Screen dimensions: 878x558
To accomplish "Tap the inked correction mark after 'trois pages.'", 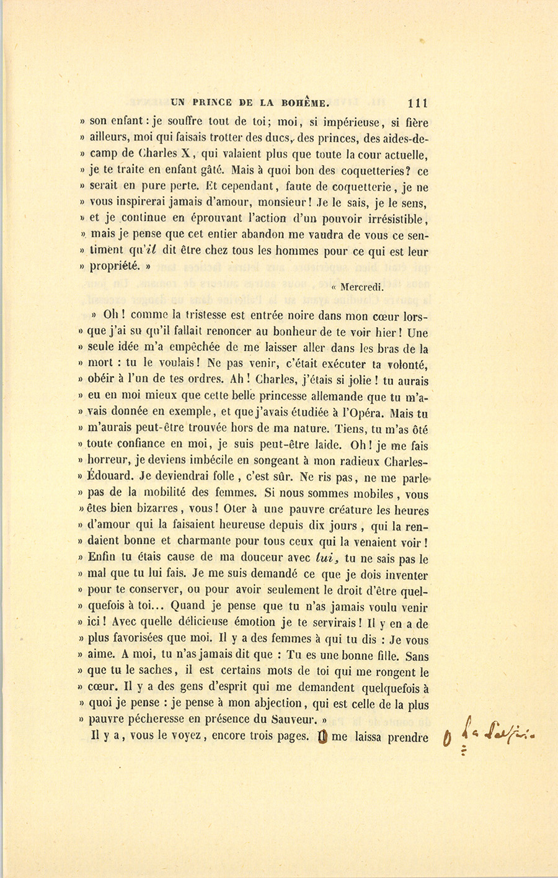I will (321, 737).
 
